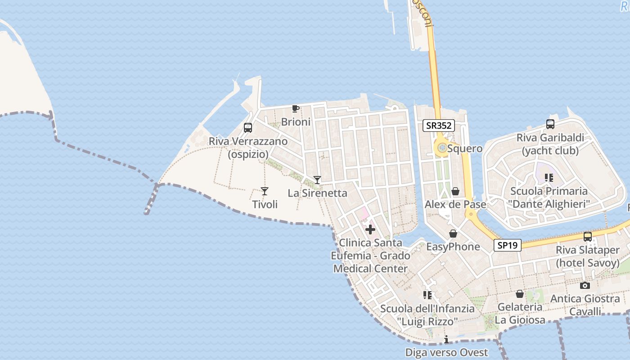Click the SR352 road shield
[438, 126]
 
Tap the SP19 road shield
[507, 245]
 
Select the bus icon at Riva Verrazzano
[248, 127]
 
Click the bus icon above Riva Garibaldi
[550, 124]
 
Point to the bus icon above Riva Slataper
[587, 236]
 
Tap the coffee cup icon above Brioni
[295, 108]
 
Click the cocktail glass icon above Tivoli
[265, 191]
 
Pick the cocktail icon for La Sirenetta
[317, 180]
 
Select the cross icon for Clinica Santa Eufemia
[370, 229]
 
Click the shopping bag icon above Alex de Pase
[455, 191]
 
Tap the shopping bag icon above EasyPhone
[453, 234]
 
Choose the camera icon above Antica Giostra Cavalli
[585, 285]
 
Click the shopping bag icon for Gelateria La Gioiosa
[520, 294]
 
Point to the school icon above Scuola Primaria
[549, 178]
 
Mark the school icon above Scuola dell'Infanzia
[427, 295]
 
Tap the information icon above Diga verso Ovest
[446, 339]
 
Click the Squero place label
[465, 148]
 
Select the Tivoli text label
[265, 205]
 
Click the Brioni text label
[296, 122]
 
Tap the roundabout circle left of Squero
[441, 148]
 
